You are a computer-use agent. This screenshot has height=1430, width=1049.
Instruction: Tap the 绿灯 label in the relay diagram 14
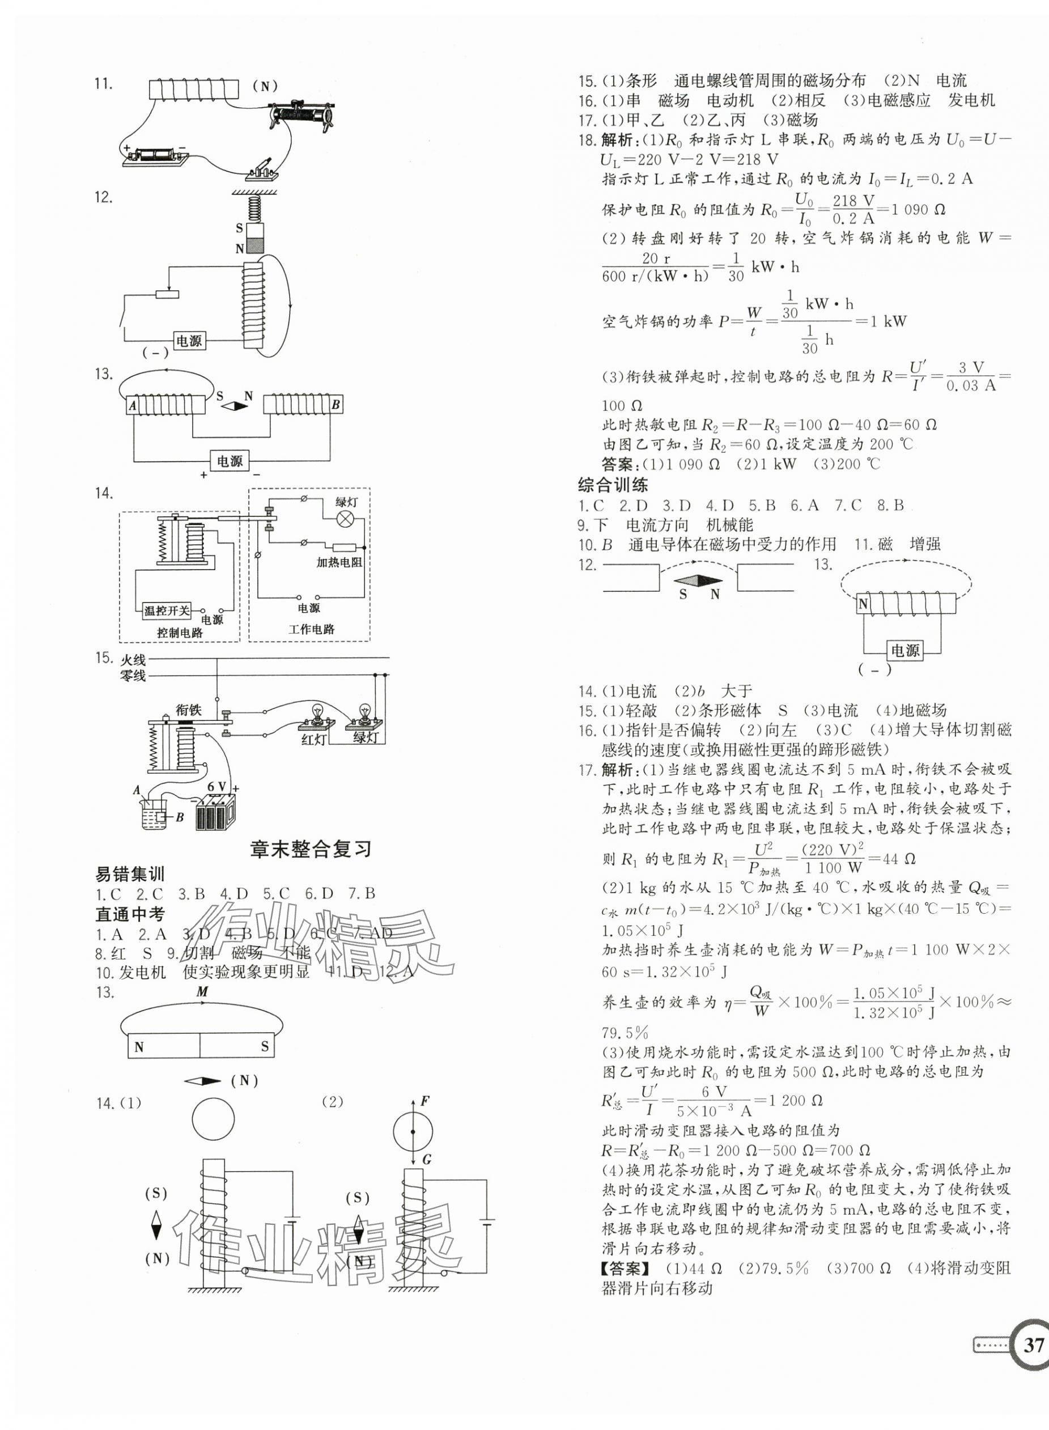pyautogui.click(x=347, y=502)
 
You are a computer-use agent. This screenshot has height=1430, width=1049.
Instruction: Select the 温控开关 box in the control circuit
pyautogui.click(x=167, y=611)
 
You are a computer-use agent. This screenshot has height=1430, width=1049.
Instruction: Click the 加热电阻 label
pyautogui.click(x=339, y=562)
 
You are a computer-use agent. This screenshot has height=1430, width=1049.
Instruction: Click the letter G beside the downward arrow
pyautogui.click(x=426, y=1160)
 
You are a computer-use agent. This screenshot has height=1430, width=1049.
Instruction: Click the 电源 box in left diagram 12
pyautogui.click(x=189, y=341)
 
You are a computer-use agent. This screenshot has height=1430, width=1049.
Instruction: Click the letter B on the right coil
pyautogui.click(x=336, y=405)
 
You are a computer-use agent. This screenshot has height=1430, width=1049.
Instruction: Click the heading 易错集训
pyautogui.click(x=130, y=875)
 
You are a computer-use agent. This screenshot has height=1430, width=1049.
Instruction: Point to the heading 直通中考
pyautogui.click(x=130, y=914)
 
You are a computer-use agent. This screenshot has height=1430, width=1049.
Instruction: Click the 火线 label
pyautogui.click(x=133, y=660)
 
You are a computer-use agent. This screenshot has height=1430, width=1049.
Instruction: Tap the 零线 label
pyautogui.click(x=133, y=676)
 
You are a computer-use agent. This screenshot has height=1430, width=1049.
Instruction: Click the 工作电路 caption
pyautogui.click(x=311, y=629)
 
